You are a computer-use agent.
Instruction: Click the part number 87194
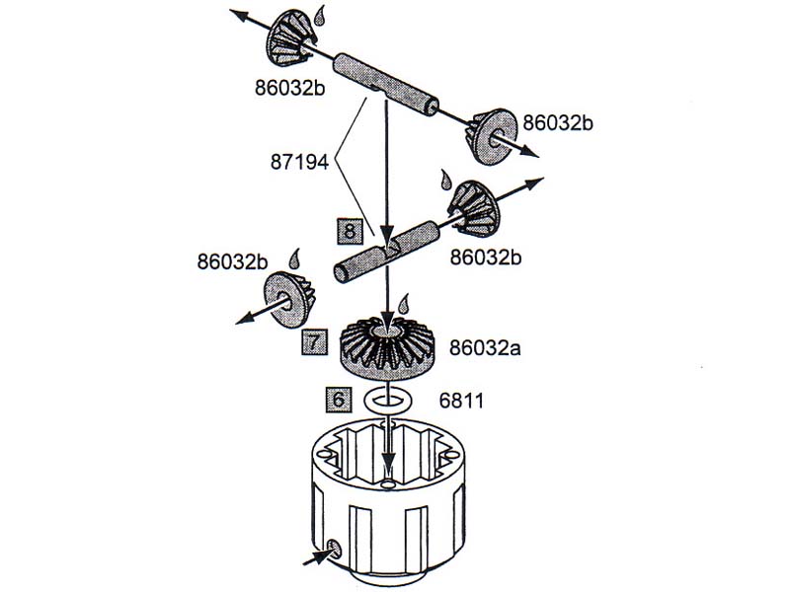299,163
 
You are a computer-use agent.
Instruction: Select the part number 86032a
485,348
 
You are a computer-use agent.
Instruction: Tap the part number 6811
461,401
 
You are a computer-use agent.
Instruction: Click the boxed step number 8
351,232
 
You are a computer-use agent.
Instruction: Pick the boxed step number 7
314,341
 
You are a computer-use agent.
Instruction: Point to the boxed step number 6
339,400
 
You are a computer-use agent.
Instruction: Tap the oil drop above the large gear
404,304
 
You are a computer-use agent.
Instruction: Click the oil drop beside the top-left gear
319,16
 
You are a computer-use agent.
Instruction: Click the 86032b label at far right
557,122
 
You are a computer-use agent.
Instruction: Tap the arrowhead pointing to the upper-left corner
238,14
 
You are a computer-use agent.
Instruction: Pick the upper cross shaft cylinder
386,85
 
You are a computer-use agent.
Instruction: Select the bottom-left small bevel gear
289,299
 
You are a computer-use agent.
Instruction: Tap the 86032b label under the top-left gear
289,88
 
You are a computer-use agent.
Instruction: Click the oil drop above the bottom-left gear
294,259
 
